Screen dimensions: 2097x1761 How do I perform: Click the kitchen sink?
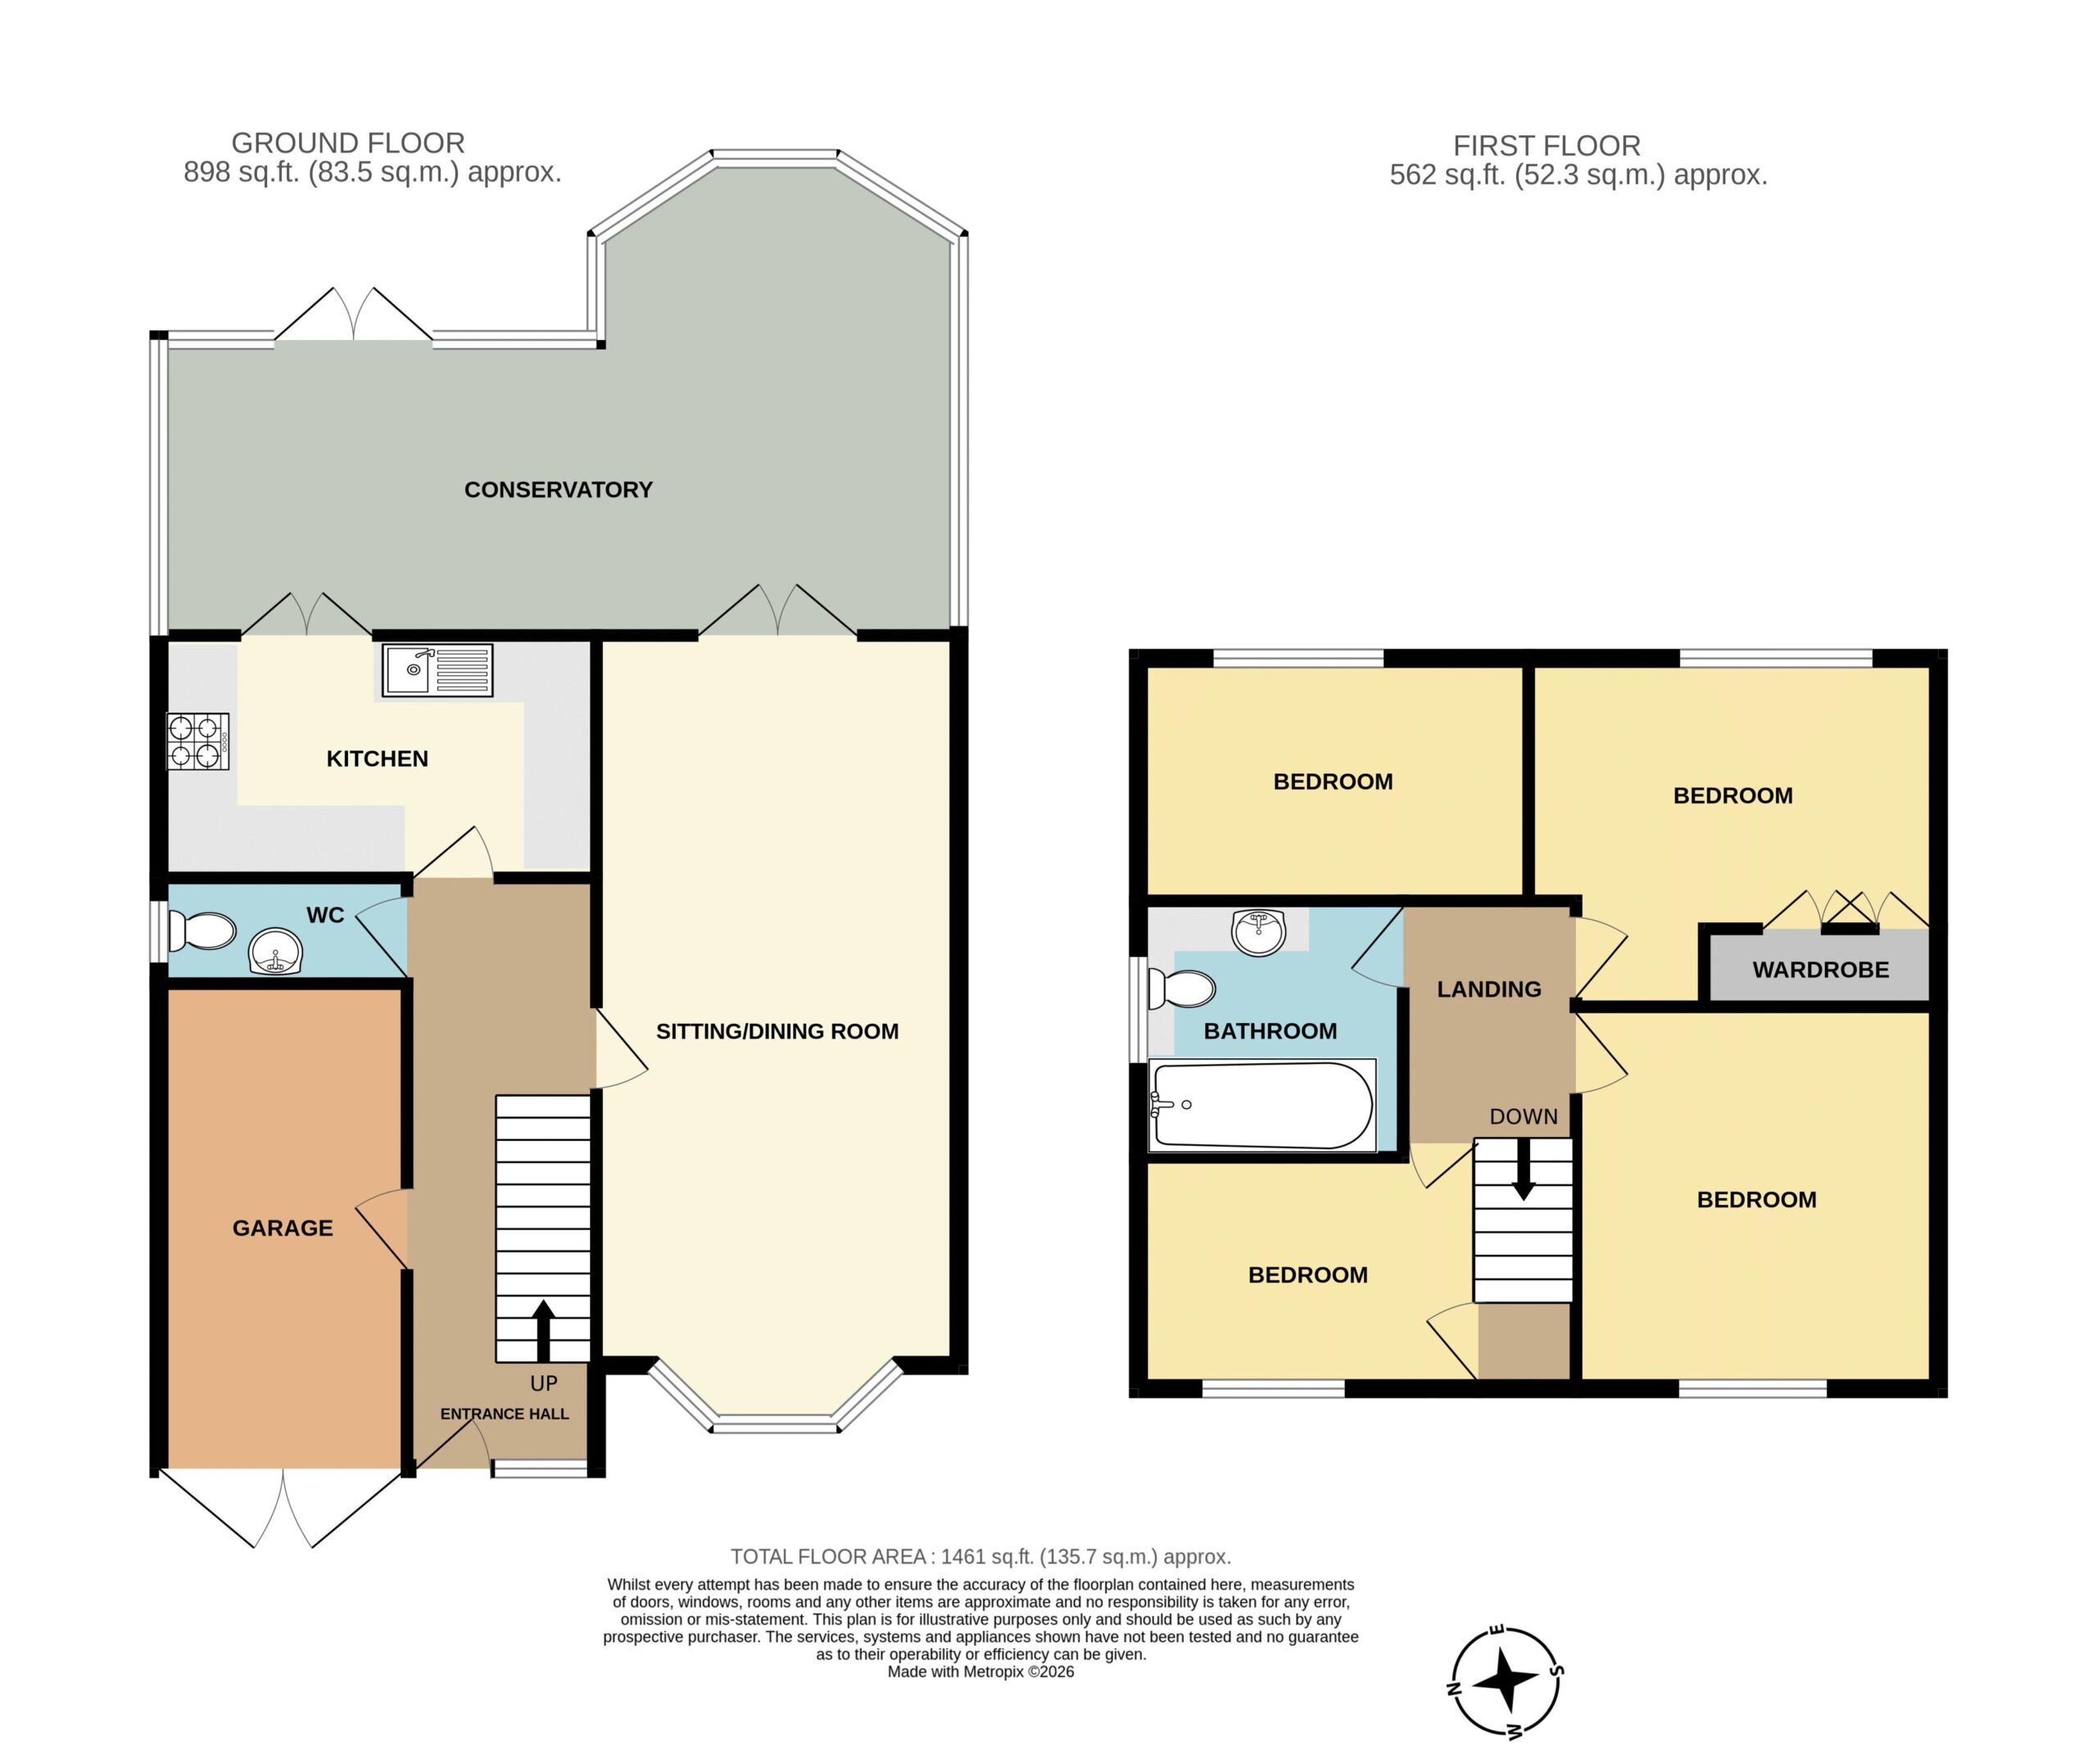(x=437, y=670)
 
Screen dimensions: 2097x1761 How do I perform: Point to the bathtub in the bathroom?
(x=1262, y=1105)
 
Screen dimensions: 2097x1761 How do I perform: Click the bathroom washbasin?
(x=1259, y=932)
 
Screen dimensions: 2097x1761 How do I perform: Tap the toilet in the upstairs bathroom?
(x=1181, y=989)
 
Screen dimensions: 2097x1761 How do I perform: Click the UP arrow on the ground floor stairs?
(x=543, y=1331)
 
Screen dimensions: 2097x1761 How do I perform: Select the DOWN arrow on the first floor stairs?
(x=1524, y=1169)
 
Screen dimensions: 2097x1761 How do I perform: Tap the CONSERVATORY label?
(x=558, y=490)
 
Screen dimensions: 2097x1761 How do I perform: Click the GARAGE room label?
(x=283, y=1228)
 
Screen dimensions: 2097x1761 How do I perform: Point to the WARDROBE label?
(x=1820, y=969)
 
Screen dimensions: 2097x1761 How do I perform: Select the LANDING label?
(x=1489, y=989)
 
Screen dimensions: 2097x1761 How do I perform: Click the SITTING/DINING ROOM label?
(x=777, y=1031)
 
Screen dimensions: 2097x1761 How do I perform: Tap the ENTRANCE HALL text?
(x=505, y=1414)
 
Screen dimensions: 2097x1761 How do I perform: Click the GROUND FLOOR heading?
(x=347, y=143)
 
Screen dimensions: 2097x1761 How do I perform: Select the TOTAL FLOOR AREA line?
(x=981, y=1556)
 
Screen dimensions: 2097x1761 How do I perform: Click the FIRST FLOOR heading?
(x=1547, y=146)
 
